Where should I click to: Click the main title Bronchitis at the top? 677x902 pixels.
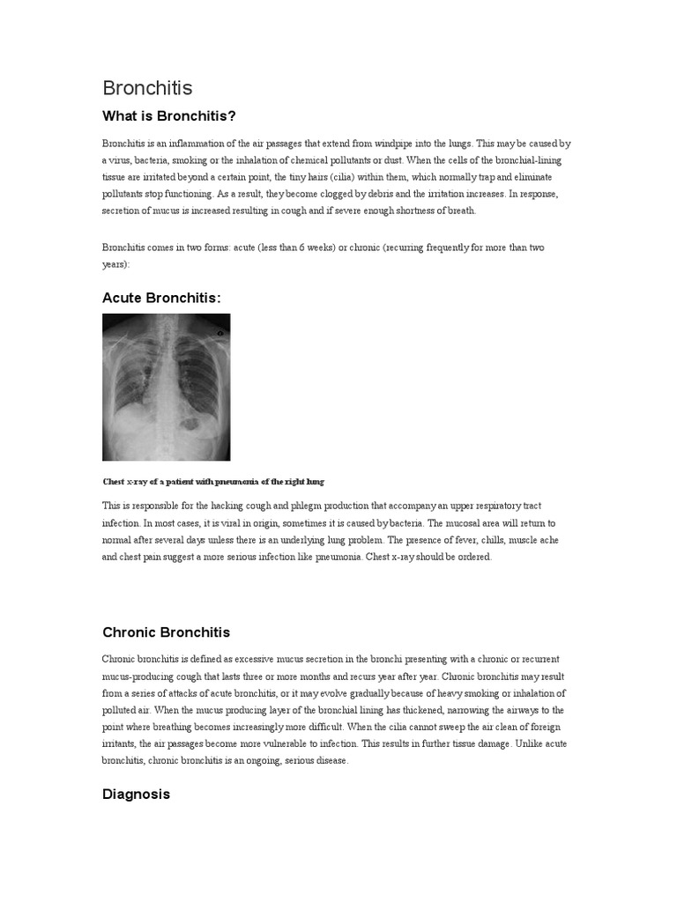pyautogui.click(x=147, y=88)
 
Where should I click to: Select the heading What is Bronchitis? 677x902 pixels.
pyautogui.click(x=169, y=116)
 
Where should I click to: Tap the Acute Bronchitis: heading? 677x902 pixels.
pyautogui.click(x=161, y=298)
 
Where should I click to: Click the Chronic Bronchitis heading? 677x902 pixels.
pyautogui.click(x=166, y=632)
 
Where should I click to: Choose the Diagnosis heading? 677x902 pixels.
pyautogui.click(x=136, y=794)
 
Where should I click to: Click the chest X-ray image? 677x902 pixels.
pyautogui.click(x=166, y=388)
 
